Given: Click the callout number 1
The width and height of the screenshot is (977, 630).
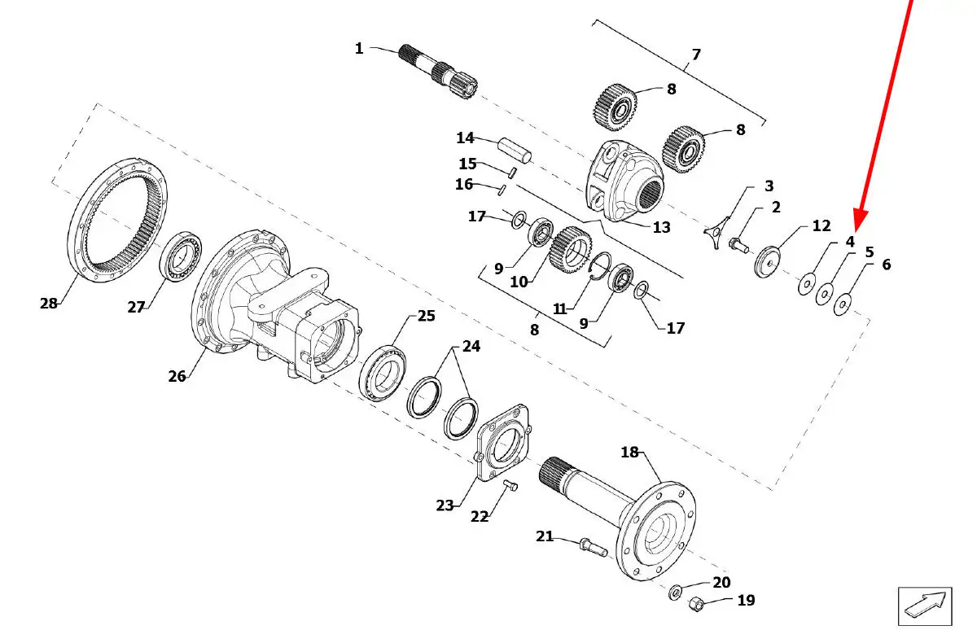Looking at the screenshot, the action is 359,48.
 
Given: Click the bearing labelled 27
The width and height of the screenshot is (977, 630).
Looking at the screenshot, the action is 181,256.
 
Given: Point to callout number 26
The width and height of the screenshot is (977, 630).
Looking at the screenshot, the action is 177,376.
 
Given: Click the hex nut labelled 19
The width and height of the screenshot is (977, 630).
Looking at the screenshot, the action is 697,604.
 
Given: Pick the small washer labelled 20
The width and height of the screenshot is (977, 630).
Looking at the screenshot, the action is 676,592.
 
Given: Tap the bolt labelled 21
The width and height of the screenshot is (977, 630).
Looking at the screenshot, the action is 594,548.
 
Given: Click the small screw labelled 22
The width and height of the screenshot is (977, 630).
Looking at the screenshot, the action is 510,485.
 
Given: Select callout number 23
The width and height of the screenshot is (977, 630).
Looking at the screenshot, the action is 445,505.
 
